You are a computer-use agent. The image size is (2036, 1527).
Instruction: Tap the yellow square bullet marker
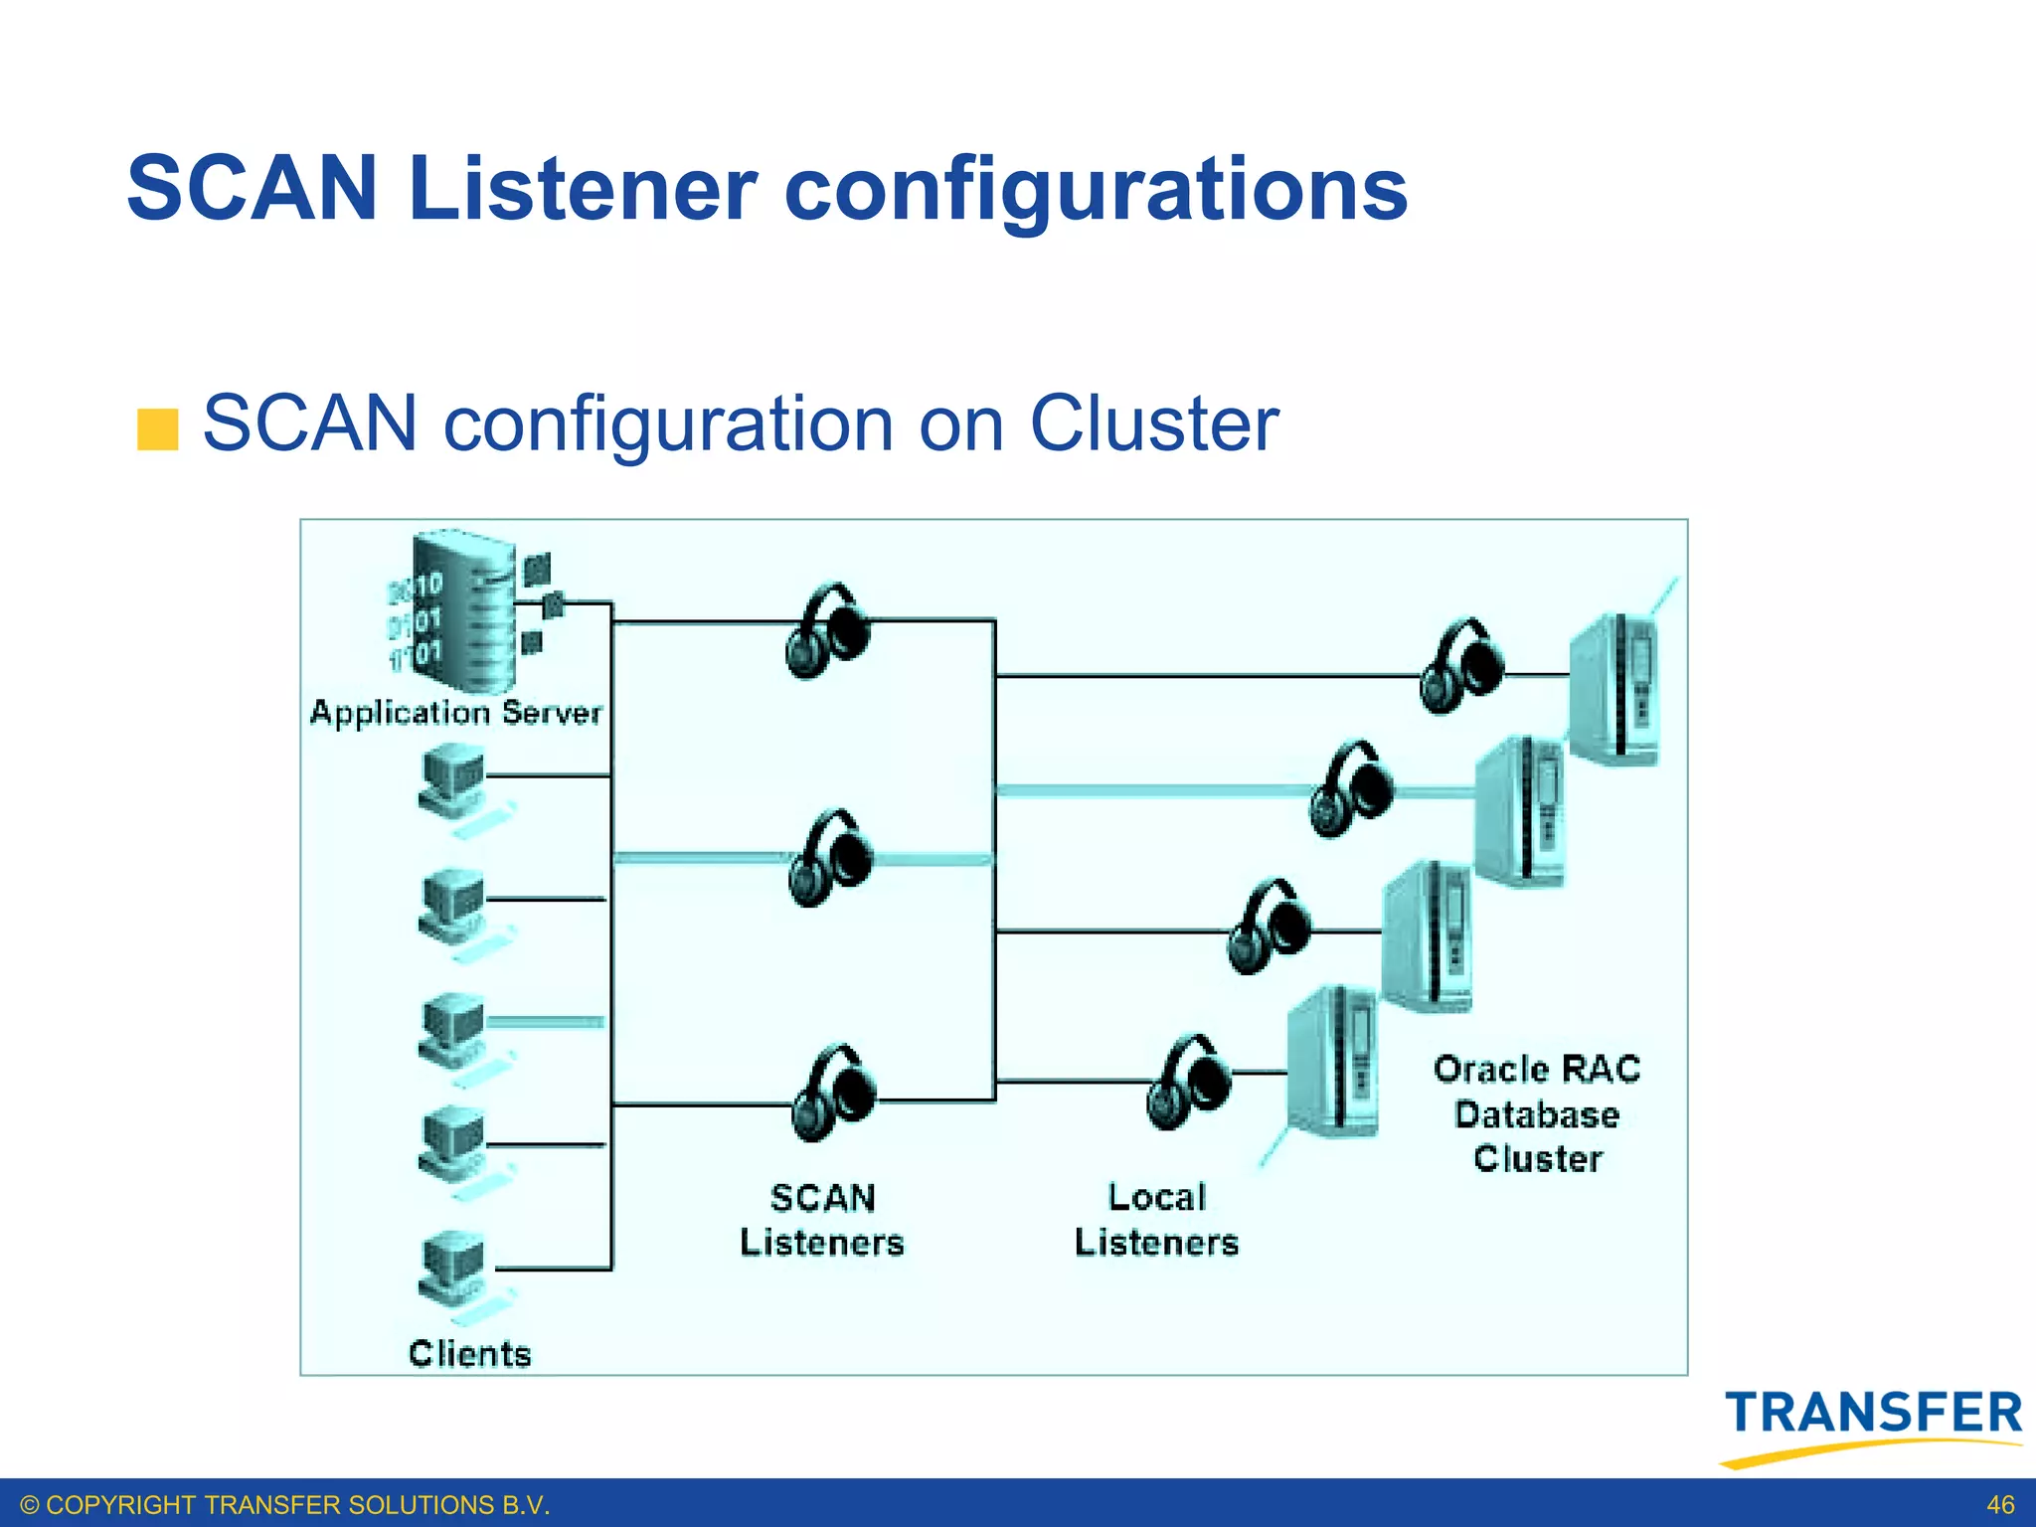(x=157, y=428)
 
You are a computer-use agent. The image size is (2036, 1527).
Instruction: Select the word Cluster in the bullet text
(x=1153, y=424)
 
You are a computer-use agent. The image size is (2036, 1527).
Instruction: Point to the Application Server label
(x=455, y=713)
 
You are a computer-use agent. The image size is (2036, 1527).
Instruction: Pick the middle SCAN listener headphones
(x=830, y=858)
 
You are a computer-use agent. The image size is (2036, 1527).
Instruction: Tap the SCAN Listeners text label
(x=822, y=1220)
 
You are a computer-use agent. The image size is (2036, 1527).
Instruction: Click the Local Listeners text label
(x=1156, y=1220)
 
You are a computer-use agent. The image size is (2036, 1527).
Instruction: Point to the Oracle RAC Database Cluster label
(x=1537, y=1113)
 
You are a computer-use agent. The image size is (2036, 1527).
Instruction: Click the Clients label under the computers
(x=469, y=1353)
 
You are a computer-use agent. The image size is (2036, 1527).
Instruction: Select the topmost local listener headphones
(x=1461, y=665)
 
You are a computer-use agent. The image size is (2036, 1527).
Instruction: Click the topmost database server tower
(x=1614, y=688)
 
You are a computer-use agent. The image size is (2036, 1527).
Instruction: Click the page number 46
(x=2000, y=1505)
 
